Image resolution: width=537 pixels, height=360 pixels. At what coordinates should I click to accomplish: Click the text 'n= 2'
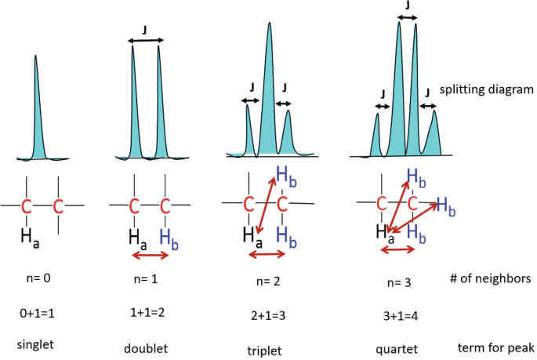coord(265,280)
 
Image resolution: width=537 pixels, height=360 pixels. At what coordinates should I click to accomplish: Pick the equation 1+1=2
coord(146,313)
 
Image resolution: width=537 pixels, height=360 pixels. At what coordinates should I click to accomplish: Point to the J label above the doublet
coord(143,31)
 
